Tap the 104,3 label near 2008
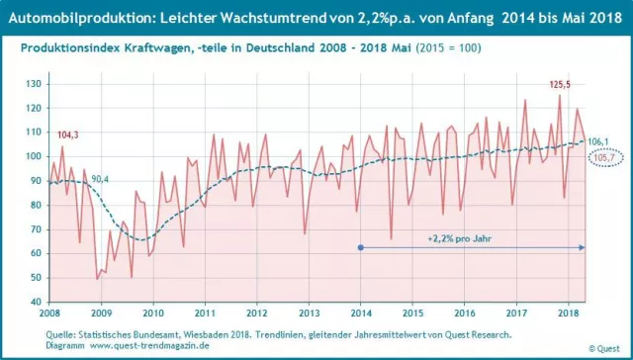69,135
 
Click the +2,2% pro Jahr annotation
460,238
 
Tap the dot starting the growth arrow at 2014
361,247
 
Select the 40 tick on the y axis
35,302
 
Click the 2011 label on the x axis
205,314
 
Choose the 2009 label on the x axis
103,314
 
